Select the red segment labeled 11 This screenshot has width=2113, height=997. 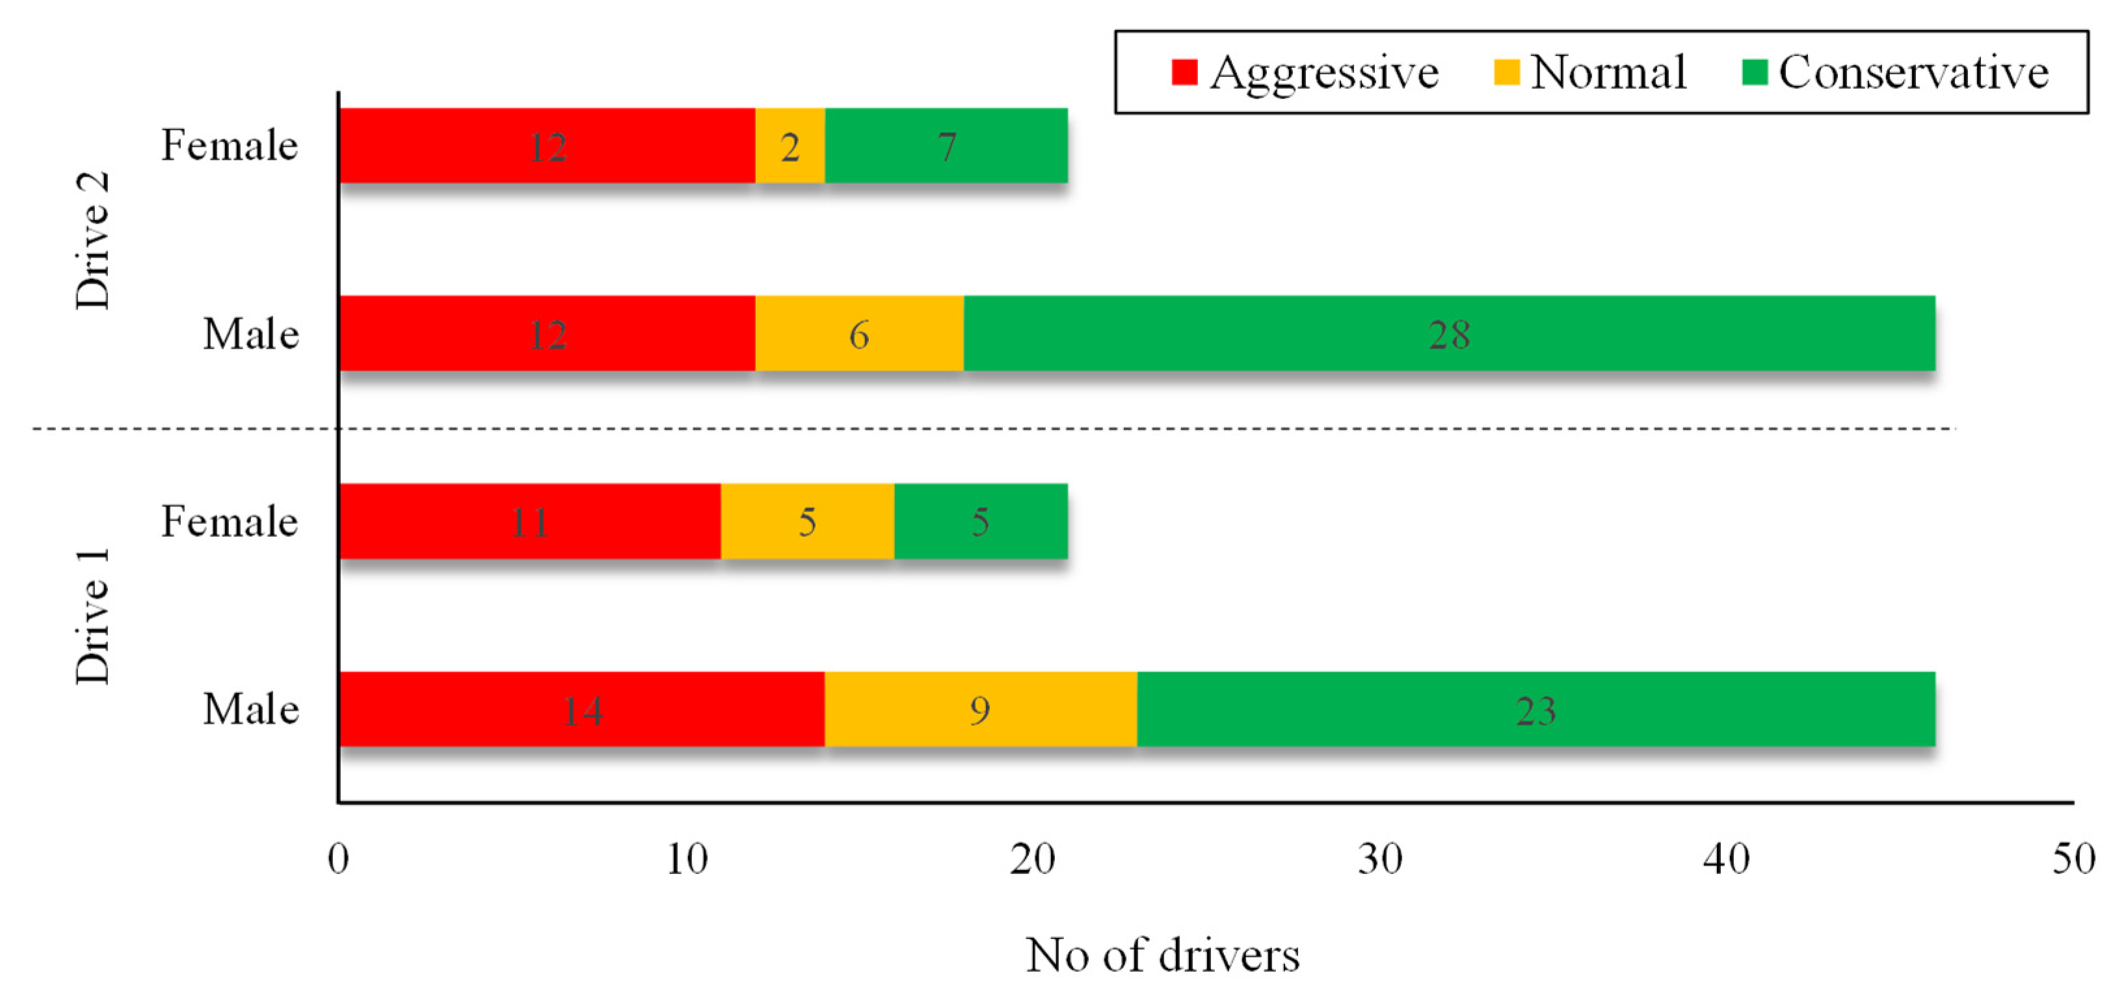point(530,521)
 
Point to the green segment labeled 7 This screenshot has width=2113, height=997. point(946,145)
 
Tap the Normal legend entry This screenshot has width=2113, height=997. point(1589,72)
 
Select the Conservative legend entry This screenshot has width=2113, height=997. point(1895,72)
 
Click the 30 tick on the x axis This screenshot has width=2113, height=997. point(1379,859)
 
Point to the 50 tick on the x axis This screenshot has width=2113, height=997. point(2073,859)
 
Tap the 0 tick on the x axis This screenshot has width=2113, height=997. point(338,859)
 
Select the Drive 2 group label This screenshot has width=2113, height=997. point(92,239)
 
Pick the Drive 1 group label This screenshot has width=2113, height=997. point(92,616)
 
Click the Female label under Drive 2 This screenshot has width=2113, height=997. point(229,145)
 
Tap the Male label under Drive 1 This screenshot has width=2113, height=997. point(250,709)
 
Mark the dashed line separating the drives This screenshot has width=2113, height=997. point(985,428)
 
